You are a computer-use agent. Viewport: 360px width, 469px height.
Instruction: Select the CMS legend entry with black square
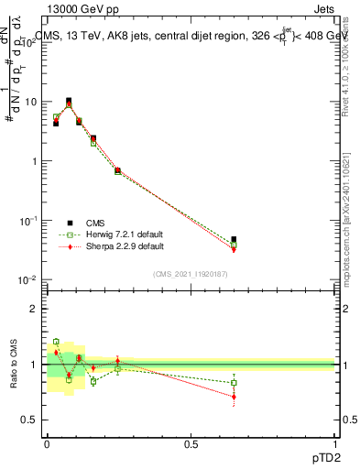[92, 223]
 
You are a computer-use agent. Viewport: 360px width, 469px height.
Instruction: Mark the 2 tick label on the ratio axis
[35, 309]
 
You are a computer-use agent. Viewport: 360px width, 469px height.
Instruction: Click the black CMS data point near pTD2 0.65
[234, 240]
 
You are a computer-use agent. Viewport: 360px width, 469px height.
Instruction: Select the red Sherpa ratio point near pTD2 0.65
[234, 397]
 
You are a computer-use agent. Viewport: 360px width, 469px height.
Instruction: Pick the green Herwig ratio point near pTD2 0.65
[234, 383]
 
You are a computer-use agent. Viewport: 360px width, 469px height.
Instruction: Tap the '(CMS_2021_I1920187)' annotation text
[190, 274]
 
